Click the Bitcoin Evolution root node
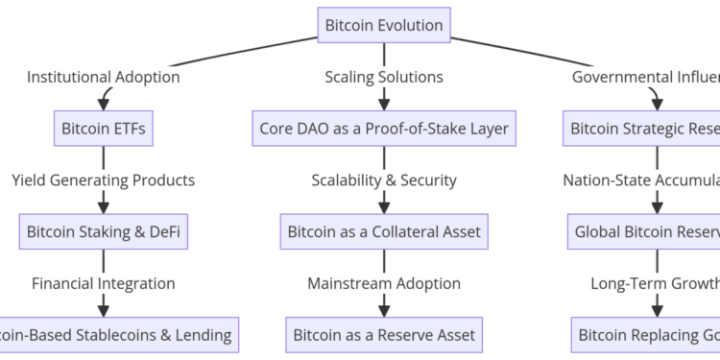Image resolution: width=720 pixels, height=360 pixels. click(384, 24)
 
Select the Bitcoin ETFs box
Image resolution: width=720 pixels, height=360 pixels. click(104, 128)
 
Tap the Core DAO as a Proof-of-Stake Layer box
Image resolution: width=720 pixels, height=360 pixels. click(384, 128)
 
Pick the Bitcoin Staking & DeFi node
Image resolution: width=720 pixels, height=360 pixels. click(104, 231)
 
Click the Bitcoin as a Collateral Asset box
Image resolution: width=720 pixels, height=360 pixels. click(384, 231)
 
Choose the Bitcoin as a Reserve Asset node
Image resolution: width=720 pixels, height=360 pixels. click(384, 335)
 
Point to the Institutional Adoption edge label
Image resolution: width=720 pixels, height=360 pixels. click(104, 76)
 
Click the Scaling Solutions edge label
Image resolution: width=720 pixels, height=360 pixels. click(384, 76)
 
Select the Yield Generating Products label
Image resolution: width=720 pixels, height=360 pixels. click(104, 180)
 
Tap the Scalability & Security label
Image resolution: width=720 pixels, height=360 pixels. click(384, 180)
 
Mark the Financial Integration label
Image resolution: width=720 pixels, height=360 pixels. click(104, 283)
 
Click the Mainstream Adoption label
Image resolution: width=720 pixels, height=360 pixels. click(384, 283)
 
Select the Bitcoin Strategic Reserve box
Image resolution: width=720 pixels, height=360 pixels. click(641, 128)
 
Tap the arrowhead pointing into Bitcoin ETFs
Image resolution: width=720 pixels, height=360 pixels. click(104, 104)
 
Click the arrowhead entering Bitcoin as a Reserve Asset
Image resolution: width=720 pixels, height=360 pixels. click(384, 311)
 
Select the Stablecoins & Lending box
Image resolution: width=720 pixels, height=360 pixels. click(117, 335)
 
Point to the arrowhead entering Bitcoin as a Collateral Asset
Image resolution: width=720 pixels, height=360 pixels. click(384, 207)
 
